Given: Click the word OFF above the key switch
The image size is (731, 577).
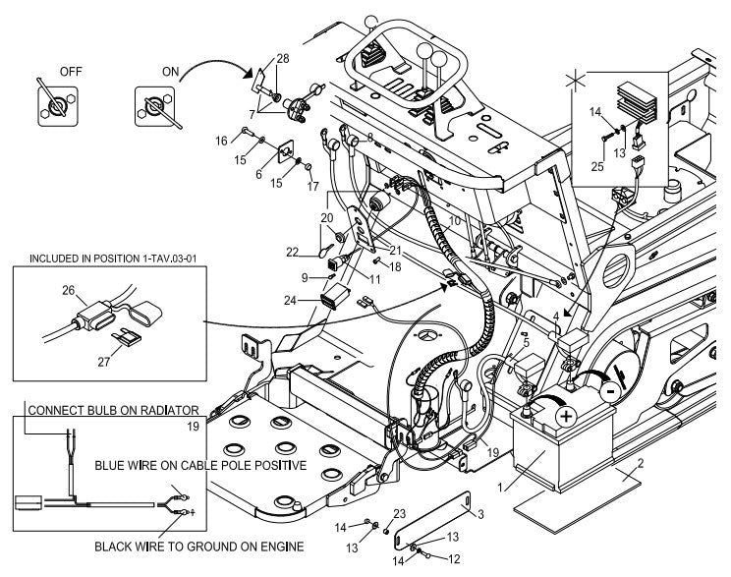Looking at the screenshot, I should coord(71,72).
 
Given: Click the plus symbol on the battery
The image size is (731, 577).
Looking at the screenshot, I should coord(566,417).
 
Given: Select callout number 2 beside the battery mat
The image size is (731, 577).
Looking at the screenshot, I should coord(641,464).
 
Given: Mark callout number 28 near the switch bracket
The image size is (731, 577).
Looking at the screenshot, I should coord(283,61).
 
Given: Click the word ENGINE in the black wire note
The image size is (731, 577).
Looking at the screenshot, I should coord(277,546).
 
